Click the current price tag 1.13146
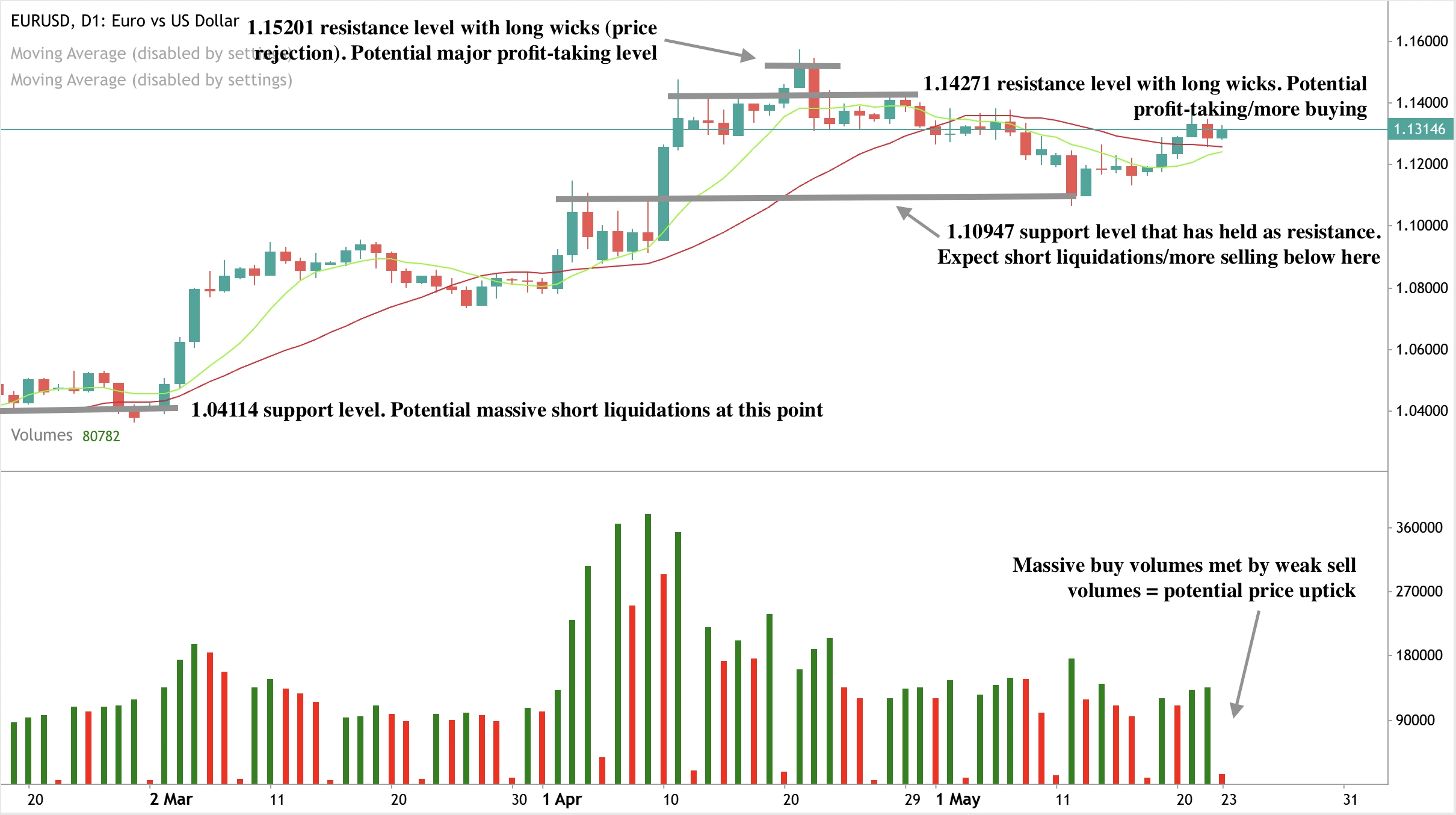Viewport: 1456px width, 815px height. (x=1419, y=129)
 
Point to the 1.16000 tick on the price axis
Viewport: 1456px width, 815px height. (x=1421, y=41)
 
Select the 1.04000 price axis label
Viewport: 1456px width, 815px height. (x=1421, y=411)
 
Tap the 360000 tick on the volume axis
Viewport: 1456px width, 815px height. (x=1419, y=527)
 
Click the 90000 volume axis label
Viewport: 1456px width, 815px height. (x=1415, y=720)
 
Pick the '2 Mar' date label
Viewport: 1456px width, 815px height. (x=171, y=799)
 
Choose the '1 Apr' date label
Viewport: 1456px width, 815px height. (x=561, y=799)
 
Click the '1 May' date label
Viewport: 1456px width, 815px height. (x=958, y=799)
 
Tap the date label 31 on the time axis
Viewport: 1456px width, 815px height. (x=1351, y=799)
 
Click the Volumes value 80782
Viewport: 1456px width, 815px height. (x=101, y=436)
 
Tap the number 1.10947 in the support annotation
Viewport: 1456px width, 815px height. (x=980, y=232)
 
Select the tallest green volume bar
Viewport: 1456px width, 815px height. (x=648, y=649)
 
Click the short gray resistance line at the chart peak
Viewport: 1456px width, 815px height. (x=802, y=65)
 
